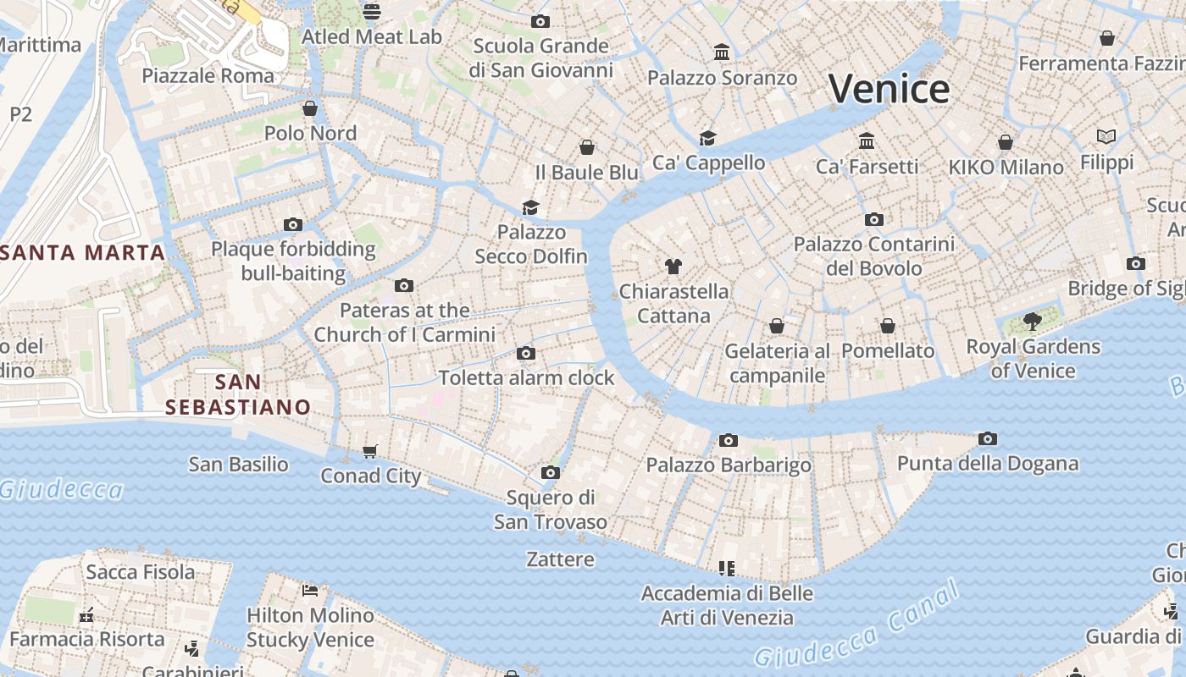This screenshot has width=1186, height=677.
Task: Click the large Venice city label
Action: tap(889, 89)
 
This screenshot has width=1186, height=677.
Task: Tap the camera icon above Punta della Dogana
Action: tap(987, 438)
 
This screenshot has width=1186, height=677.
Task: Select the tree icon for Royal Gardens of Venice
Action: tap(1032, 321)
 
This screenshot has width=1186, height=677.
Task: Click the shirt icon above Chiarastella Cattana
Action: tap(673, 267)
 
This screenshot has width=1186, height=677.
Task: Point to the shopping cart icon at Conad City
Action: tap(370, 451)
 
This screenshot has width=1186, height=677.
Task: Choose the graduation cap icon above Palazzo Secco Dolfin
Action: tap(530, 207)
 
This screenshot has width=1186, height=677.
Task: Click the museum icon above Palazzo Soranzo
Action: tap(722, 52)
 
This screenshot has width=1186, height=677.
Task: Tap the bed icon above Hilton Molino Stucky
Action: tap(310, 590)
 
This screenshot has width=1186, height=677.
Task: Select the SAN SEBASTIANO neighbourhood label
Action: tap(238, 394)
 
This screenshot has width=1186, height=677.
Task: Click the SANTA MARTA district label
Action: tap(83, 252)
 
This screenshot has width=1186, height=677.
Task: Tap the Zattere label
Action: tap(560, 559)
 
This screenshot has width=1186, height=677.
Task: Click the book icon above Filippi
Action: tap(1106, 136)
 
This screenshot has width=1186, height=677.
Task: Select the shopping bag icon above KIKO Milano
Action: tap(1006, 142)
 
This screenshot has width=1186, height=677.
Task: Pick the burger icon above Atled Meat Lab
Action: tap(371, 12)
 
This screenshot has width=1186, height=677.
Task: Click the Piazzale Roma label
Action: tap(208, 75)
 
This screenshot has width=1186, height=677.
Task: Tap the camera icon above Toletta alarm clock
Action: tap(526, 353)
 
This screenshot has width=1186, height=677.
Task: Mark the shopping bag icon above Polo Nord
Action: tap(310, 108)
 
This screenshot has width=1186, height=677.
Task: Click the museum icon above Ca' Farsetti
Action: tap(866, 140)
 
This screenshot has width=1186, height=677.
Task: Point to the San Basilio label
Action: tap(238, 464)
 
